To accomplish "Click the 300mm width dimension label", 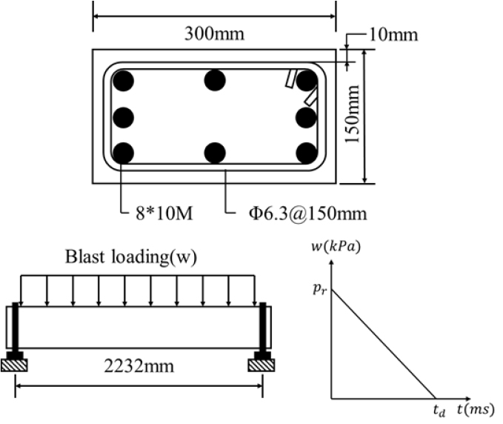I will pyautogui.click(x=214, y=34).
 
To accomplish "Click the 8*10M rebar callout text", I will pyautogui.click(x=157, y=214).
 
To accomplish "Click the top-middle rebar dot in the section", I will pyautogui.click(x=215, y=79).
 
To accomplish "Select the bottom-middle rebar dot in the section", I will pyautogui.click(x=215, y=153).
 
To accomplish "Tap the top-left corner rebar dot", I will pyautogui.click(x=123, y=79).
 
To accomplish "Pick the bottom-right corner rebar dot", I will pyautogui.click(x=306, y=153).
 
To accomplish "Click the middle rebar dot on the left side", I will pyautogui.click(x=123, y=116).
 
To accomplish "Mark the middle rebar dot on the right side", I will pyautogui.click(x=306, y=116).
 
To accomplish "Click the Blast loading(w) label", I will pyautogui.click(x=137, y=257).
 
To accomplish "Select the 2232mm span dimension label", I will pyautogui.click(x=139, y=368).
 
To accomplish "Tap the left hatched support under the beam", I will pyautogui.click(x=16, y=365).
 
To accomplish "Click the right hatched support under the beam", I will pyautogui.click(x=262, y=365).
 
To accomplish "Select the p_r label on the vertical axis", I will pyautogui.click(x=319, y=290).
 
